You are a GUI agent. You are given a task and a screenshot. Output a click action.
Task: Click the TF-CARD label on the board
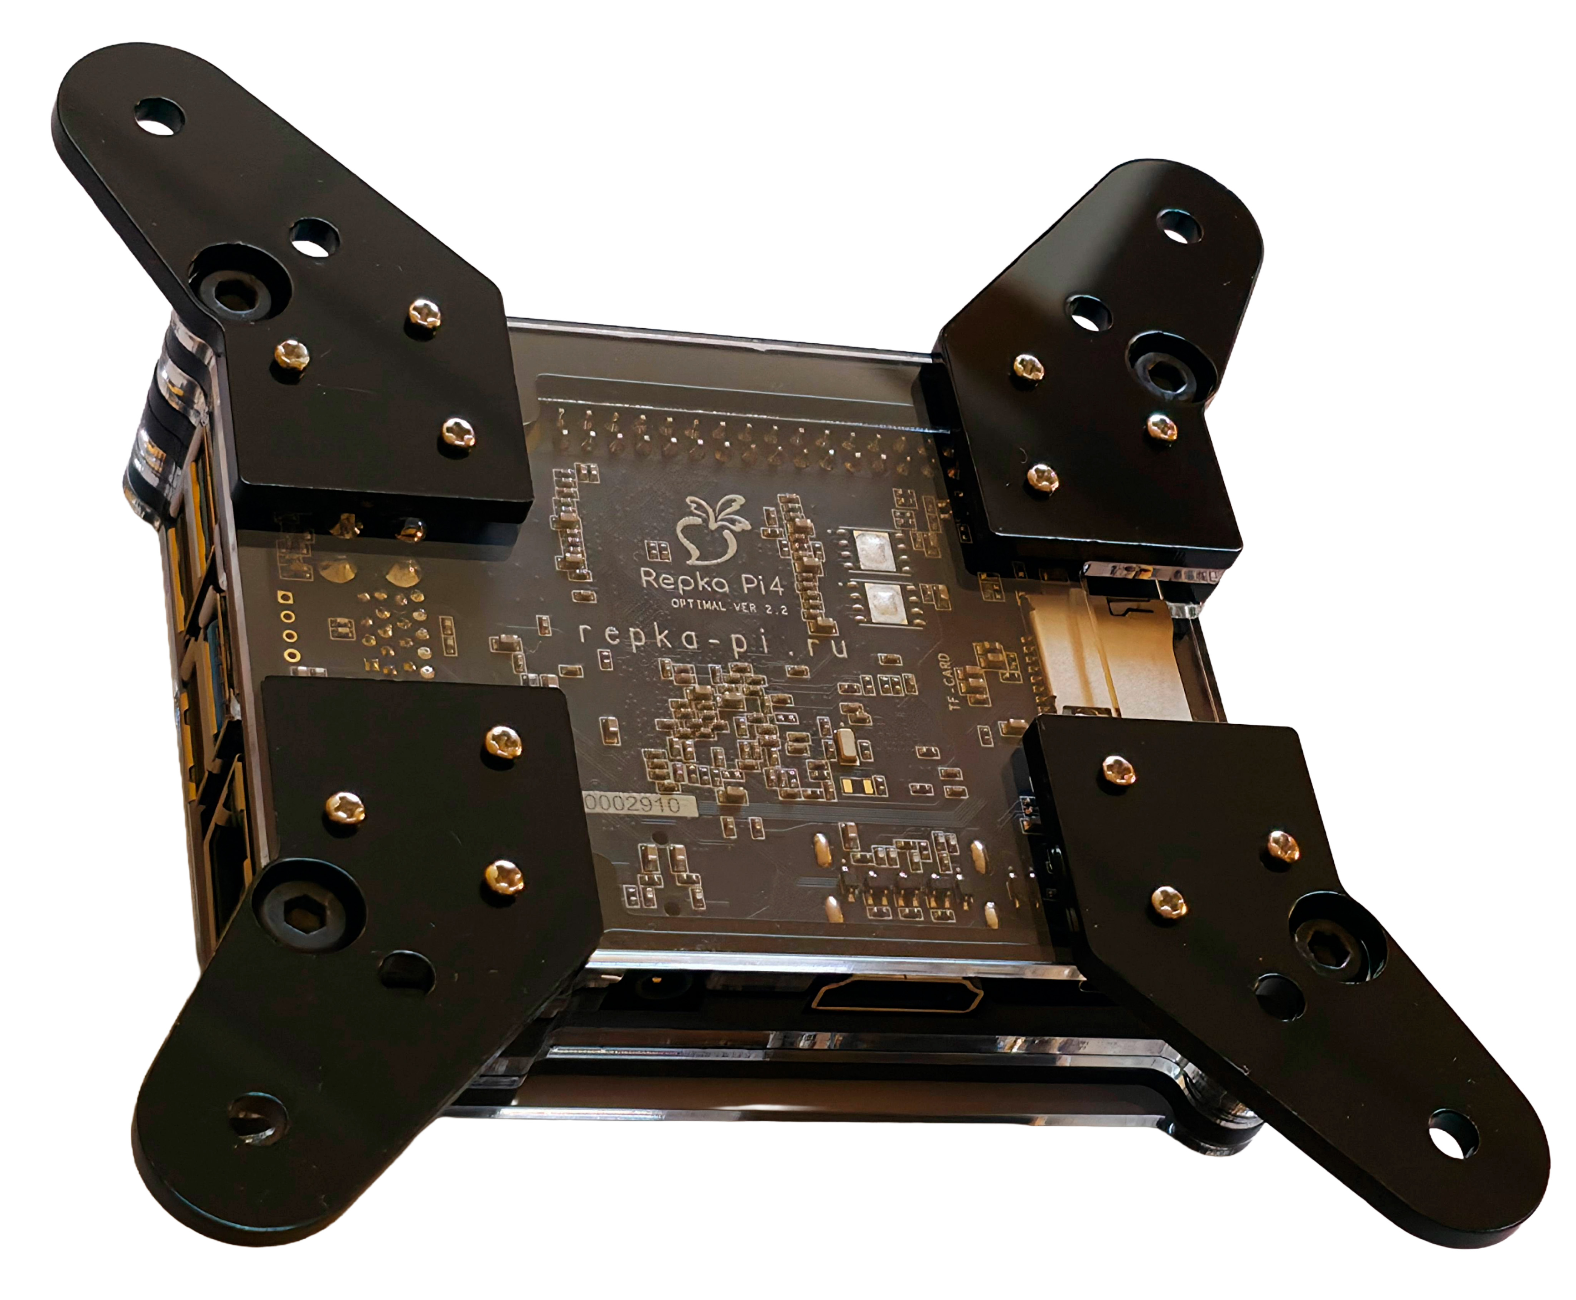pyautogui.click(x=945, y=681)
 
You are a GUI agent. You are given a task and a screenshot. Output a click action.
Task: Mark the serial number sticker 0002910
pyautogui.click(x=638, y=805)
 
